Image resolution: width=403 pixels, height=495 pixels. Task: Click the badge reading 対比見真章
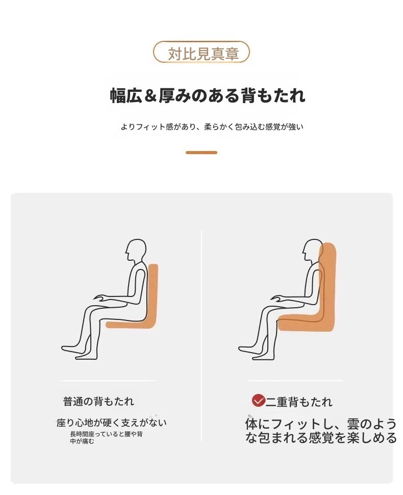coord(202,53)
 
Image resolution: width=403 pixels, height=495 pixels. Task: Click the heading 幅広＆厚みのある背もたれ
coord(207,95)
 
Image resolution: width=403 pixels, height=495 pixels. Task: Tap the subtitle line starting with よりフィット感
coord(212,127)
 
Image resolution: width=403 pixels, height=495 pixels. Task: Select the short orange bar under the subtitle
coord(202,153)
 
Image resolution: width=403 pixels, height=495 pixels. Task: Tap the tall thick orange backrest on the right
coord(328,284)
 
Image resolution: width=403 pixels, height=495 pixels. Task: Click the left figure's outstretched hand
coord(101,298)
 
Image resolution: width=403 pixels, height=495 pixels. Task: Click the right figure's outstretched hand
coord(278,298)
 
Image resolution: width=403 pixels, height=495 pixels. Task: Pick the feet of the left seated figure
coord(79,352)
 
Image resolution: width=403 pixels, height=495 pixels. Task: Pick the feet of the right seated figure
coord(256,352)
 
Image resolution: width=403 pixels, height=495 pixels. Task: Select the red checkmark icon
coord(258,400)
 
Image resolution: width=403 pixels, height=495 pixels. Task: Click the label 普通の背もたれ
coord(98,402)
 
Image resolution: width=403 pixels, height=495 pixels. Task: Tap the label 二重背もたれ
coord(299,402)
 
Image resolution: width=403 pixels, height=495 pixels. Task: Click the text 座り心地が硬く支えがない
coord(111,423)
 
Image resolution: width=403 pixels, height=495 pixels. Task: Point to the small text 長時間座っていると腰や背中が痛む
coord(106,437)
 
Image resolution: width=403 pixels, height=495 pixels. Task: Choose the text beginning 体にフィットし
coord(321,431)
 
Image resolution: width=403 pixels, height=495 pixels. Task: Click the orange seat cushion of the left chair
coord(130,325)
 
